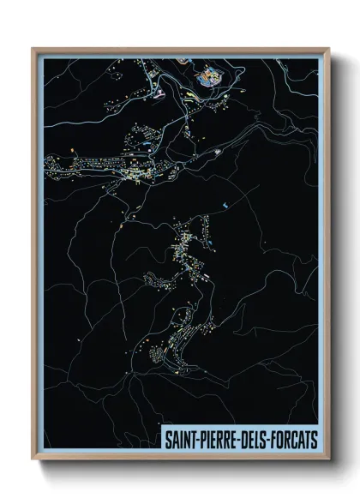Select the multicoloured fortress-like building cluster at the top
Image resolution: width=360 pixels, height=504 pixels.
207,79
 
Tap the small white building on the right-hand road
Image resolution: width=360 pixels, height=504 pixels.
220,152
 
